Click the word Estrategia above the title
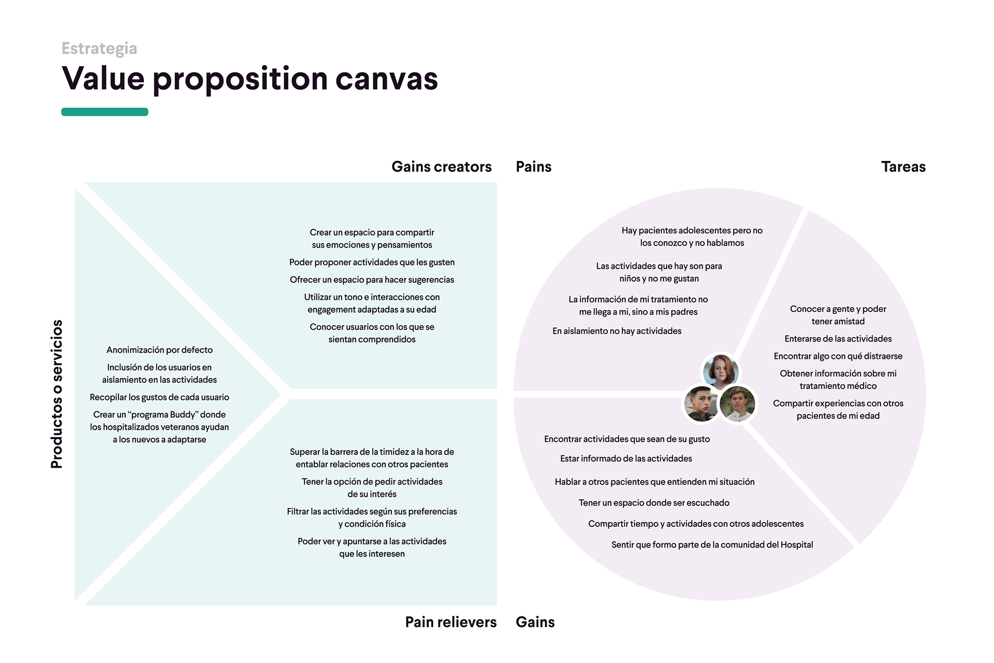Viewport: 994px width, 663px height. coord(99,48)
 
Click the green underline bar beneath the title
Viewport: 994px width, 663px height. coord(105,112)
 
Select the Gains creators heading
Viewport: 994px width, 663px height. coord(441,167)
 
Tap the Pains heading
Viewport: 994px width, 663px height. coord(533,167)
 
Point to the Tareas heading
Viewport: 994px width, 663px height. coord(903,167)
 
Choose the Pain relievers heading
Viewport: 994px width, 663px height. coord(450,622)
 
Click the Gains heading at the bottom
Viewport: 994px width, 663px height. coord(535,622)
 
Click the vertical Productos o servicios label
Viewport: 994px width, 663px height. coord(56,394)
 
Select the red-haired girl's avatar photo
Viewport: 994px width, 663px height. coord(720,371)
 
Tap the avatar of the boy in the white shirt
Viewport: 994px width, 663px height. coord(737,404)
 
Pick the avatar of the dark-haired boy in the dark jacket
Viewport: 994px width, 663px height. coord(701,404)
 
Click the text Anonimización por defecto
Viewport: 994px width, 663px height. coord(159,350)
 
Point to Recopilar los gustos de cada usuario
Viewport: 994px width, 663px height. coord(159,397)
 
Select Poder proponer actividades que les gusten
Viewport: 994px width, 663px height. coord(372,263)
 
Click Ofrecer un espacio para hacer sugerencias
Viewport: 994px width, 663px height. coord(372,280)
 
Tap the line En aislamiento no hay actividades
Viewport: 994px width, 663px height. coord(617,331)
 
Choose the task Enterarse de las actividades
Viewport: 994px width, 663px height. coord(838,339)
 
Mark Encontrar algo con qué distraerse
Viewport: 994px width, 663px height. coord(838,356)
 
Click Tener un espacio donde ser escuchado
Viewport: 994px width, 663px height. coord(654,503)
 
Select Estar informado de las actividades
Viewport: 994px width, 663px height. coord(626,459)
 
